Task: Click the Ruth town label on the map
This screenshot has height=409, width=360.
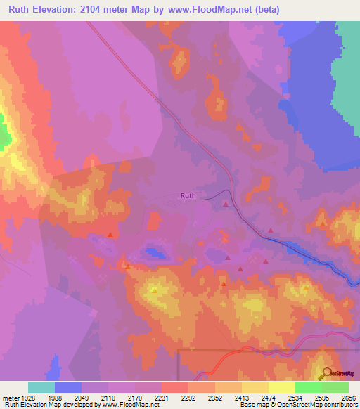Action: pos(188,196)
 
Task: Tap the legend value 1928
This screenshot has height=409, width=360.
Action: pos(29,398)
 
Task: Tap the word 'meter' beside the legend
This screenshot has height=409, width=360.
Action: pos(11,398)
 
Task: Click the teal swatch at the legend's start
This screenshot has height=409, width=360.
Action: pos(41,387)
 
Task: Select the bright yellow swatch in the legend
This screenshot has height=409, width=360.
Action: pos(281,387)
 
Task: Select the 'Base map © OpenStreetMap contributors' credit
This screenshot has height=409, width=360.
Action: pos(297,405)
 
